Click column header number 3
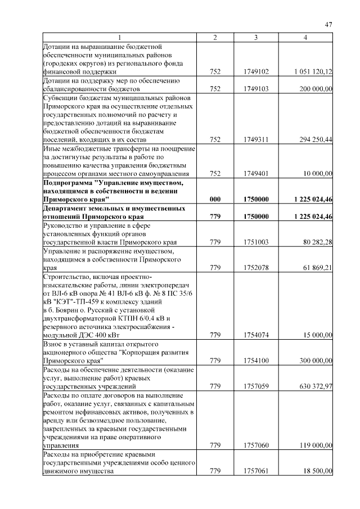tap(256, 37)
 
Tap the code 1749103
tap(256, 89)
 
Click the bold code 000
tap(215, 199)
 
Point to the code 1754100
tap(256, 361)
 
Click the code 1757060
tap(256, 445)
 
